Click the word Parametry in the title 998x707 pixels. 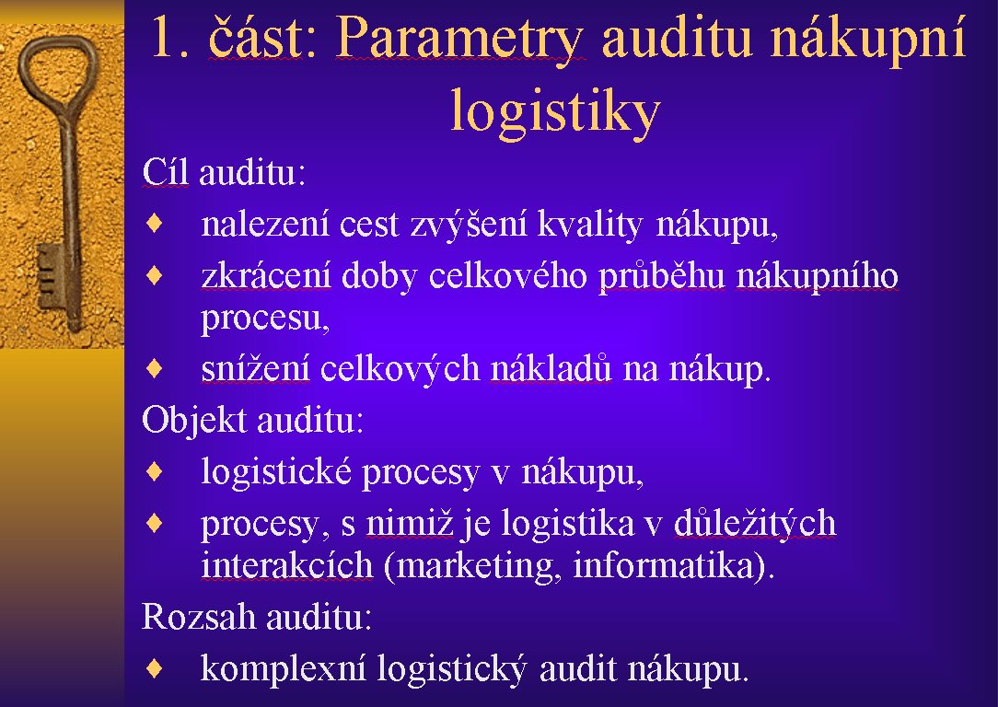coord(458,38)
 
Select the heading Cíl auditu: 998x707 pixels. coord(224,172)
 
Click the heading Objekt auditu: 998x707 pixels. coord(252,420)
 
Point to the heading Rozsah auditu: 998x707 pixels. coord(257,616)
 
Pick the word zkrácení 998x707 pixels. coord(266,275)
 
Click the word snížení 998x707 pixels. coord(255,368)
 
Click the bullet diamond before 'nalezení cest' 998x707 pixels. coord(155,224)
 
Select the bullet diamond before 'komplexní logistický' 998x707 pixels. coord(155,667)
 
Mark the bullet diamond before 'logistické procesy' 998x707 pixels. coord(155,471)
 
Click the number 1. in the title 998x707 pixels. coord(170,39)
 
